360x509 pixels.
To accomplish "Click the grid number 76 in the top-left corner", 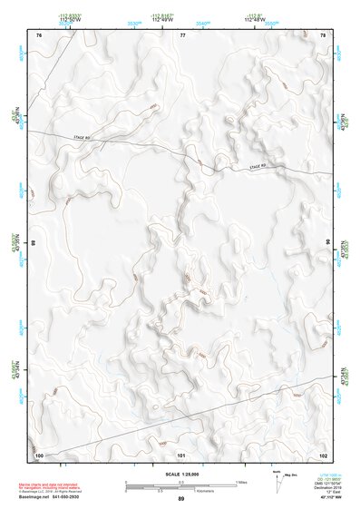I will click(38, 35).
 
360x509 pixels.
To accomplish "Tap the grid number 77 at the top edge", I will click(182, 35).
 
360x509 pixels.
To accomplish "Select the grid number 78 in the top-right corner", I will click(324, 35).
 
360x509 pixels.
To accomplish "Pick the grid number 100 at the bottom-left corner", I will click(39, 454).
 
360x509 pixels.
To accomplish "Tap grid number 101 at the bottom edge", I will click(181, 454).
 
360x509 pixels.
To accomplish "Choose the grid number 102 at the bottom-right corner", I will click(323, 454).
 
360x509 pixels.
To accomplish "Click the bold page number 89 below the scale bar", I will click(180, 499).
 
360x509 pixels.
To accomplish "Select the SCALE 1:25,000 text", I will click(180, 473).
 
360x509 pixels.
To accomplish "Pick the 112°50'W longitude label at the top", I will click(67, 20).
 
